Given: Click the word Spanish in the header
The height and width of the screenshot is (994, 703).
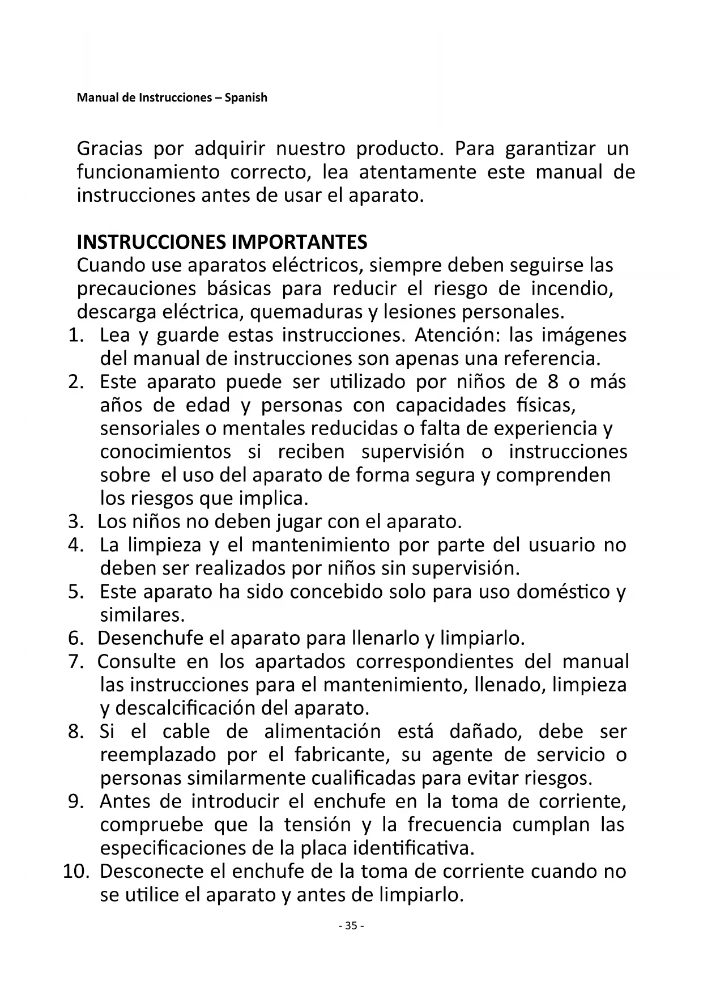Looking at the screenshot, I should click(x=246, y=97).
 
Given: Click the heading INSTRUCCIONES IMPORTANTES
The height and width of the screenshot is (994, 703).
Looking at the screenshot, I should click(x=221, y=242).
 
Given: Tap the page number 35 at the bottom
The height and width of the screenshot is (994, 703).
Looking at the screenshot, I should click(x=351, y=926).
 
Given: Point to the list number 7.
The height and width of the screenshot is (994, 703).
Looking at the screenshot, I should click(x=76, y=661).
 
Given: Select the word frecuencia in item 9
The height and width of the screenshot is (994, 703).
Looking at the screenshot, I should click(x=454, y=825).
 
